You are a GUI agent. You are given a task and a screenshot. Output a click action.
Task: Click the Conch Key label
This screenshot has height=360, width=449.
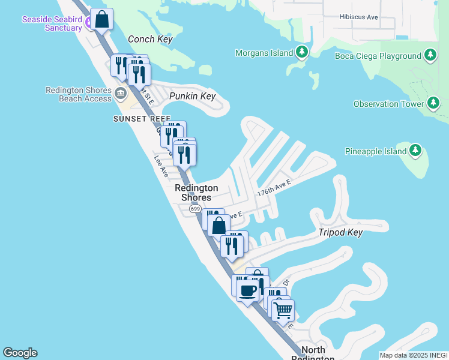pyautogui.click(x=150, y=40)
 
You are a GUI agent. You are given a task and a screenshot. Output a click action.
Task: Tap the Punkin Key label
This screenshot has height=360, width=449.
pyautogui.click(x=192, y=96)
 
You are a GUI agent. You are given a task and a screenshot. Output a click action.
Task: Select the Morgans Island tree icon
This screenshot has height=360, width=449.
pyautogui.click(x=302, y=53)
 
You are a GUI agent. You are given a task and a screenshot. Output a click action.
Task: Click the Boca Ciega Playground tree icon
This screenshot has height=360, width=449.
pyautogui.click(x=430, y=56)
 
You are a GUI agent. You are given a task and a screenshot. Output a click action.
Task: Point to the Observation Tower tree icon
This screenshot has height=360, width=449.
pyautogui.click(x=433, y=104)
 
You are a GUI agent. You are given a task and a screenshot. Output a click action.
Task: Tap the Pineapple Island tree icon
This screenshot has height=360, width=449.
pyautogui.click(x=416, y=151)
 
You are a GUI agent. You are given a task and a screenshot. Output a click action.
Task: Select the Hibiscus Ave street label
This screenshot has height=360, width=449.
pyautogui.click(x=358, y=17)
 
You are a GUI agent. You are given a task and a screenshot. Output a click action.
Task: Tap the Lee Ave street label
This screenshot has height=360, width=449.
pyautogui.click(x=160, y=166)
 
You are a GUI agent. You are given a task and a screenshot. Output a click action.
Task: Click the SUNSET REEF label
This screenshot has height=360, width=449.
pyautogui.click(x=142, y=119)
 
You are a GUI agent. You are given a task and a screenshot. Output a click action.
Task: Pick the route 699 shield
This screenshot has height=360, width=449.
pyautogui.click(x=195, y=208)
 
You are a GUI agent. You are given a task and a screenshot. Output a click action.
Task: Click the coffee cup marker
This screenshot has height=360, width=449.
pyautogui.click(x=247, y=292)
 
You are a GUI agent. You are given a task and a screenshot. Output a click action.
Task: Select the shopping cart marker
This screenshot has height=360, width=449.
pyautogui.click(x=283, y=311)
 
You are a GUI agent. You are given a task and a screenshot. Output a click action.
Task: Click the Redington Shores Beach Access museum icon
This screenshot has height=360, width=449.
pyautogui.click(x=121, y=92)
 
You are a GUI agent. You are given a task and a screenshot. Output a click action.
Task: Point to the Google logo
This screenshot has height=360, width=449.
pyautogui.click(x=20, y=353)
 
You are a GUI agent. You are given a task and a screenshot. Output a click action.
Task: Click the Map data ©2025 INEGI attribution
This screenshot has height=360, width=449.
pyautogui.click(x=414, y=355)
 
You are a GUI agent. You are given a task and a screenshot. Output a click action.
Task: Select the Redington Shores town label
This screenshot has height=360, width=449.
pyautogui.click(x=196, y=193)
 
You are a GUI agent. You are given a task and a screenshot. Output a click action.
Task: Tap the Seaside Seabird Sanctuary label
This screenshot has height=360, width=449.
pyautogui.click(x=52, y=23)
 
